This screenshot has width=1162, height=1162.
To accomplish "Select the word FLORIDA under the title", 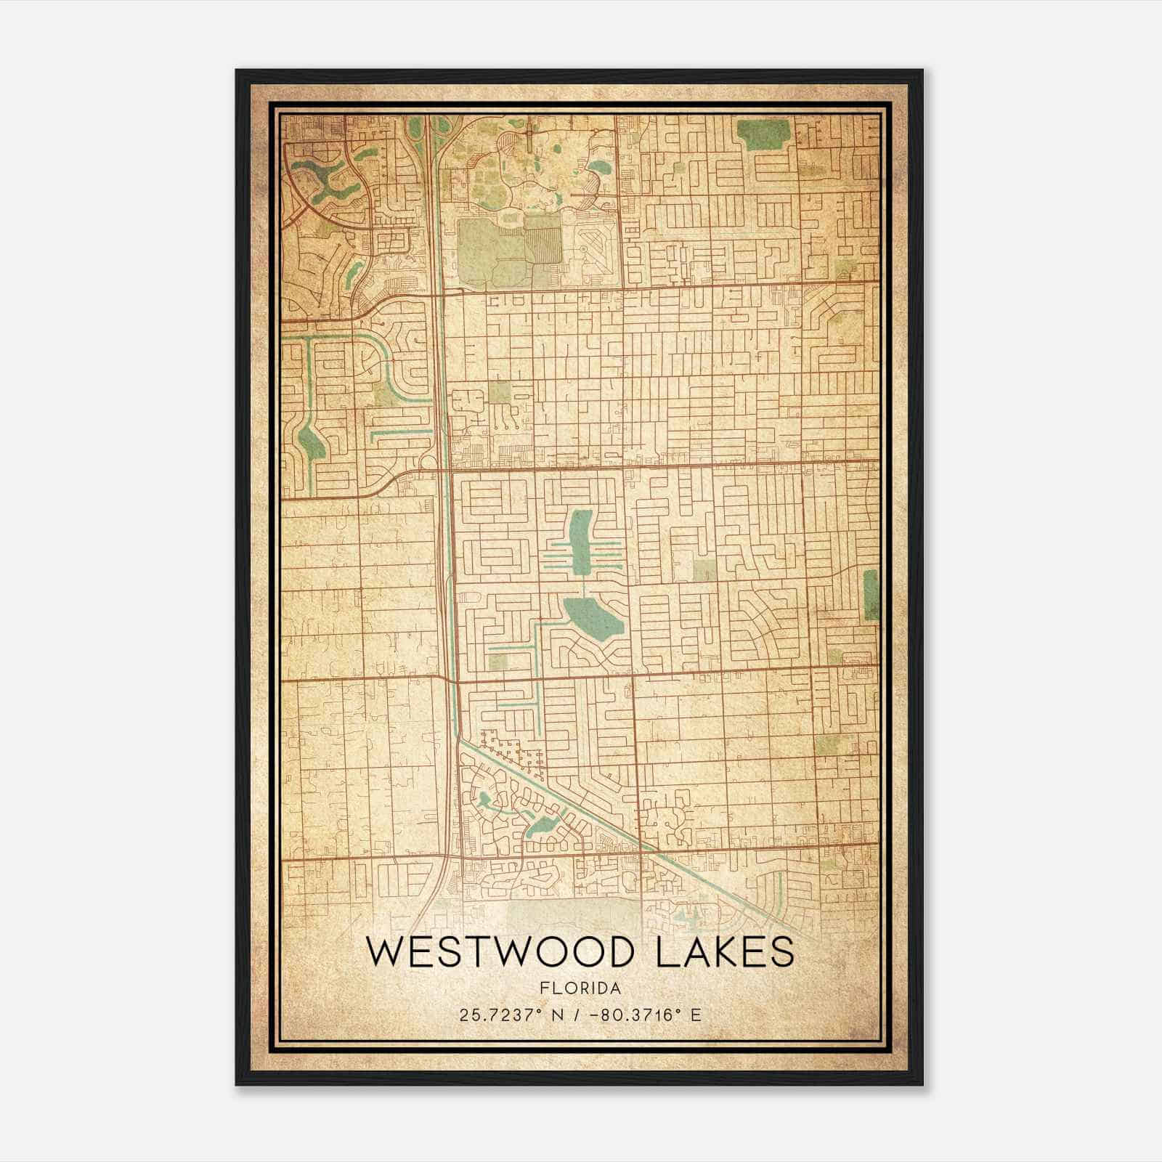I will point(581,988).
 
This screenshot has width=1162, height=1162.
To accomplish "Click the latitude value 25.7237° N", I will point(505,1015).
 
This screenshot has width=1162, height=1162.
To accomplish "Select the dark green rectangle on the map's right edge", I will point(870,594).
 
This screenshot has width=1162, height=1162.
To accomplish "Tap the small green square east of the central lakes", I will point(703,571).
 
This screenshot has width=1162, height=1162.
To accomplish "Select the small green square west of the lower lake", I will point(498,661).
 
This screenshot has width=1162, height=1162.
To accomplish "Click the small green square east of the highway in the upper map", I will point(499,392).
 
